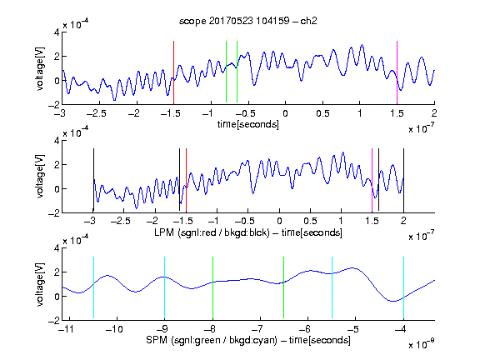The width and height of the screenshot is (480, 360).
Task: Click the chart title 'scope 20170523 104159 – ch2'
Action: [x=248, y=21]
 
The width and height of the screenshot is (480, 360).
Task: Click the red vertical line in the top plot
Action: [x=173, y=72]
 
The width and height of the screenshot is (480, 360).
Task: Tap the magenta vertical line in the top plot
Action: [x=397, y=72]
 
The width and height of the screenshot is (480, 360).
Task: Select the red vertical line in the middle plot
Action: [x=186, y=180]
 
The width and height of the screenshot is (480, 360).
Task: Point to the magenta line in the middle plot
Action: [x=372, y=180]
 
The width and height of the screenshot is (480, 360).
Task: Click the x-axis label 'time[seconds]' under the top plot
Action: [x=248, y=124]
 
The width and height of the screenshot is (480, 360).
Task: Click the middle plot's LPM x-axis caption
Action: [x=248, y=232]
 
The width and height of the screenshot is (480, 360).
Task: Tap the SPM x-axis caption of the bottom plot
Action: [x=248, y=340]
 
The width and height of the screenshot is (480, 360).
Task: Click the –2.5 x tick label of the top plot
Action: [x=96, y=113]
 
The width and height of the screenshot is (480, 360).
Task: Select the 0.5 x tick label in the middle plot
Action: [x=310, y=221]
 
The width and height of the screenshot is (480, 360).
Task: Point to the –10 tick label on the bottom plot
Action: [x=113, y=329]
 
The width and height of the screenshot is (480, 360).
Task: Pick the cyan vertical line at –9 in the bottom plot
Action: [x=164, y=287]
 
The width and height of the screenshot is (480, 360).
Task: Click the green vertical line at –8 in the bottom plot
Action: [x=212, y=287]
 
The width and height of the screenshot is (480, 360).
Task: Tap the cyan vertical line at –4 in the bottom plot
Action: [x=403, y=287]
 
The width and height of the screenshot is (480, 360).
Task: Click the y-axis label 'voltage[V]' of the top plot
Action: [x=40, y=68]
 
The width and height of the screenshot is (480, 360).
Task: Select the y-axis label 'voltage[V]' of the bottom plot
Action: [x=40, y=284]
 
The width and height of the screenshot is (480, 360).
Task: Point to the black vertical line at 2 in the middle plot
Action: [x=403, y=180]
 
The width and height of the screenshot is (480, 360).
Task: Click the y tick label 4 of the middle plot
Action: [x=57, y=141]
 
